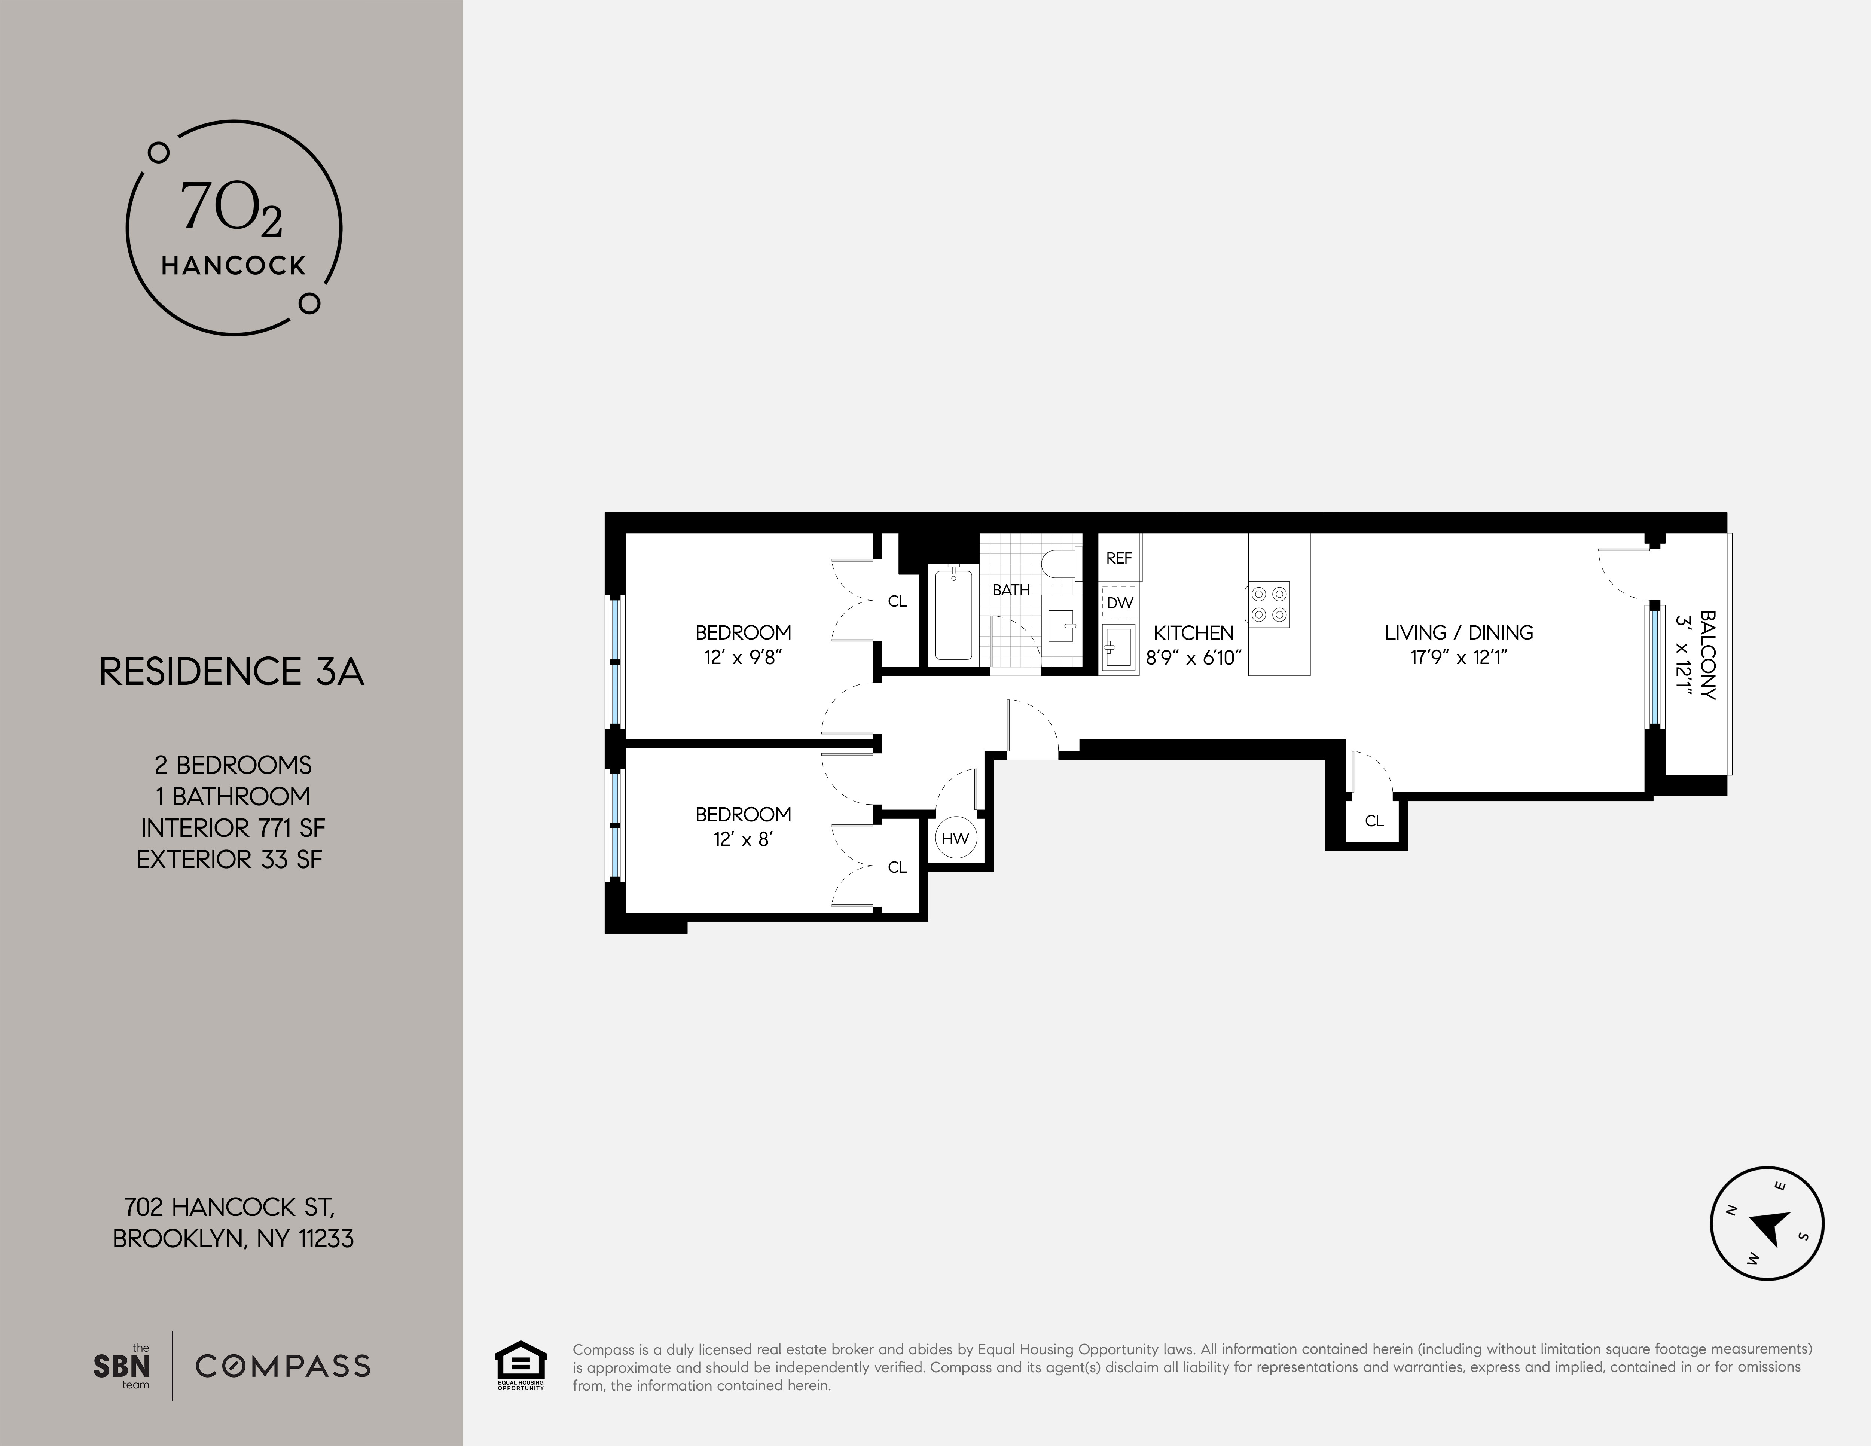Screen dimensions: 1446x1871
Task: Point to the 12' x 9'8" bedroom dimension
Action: pos(743,658)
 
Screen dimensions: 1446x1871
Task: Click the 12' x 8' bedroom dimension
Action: pos(743,839)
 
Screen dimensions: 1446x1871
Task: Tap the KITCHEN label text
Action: pos(1193,633)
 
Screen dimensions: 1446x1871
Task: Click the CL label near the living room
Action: pos(1374,821)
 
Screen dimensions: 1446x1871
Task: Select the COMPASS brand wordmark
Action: pos(283,1366)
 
